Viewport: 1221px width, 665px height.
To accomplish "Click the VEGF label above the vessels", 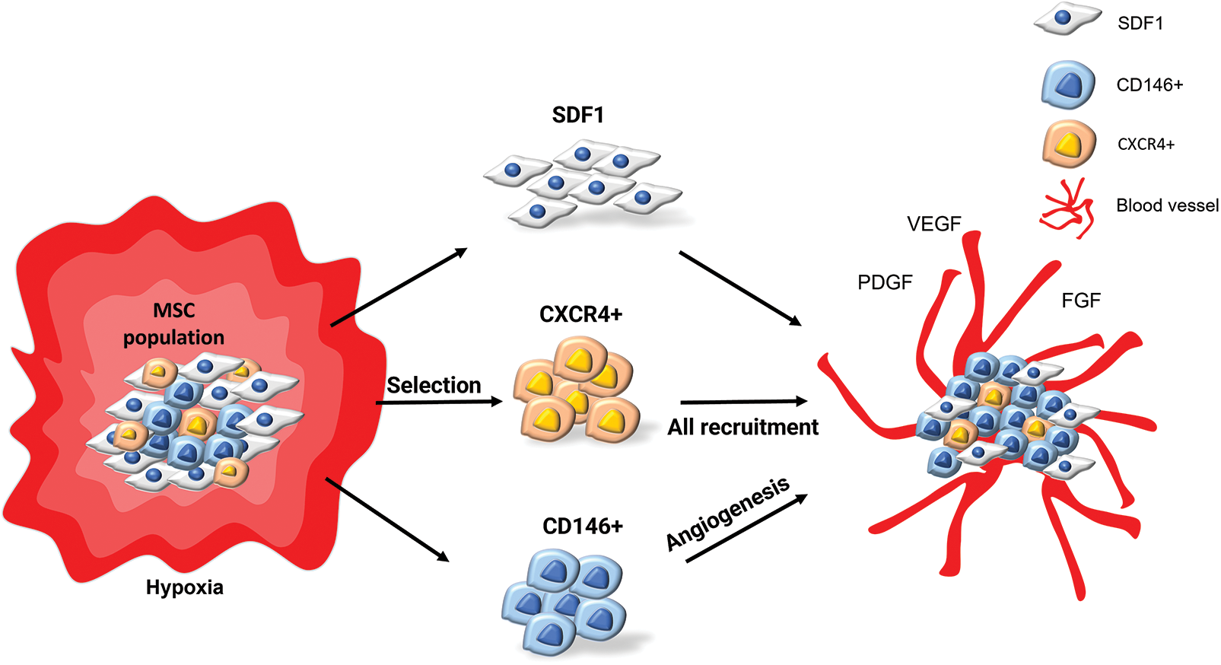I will pyautogui.click(x=933, y=224).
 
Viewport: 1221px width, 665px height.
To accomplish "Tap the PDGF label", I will pyautogui.click(x=885, y=282).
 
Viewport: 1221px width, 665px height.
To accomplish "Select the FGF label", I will pyautogui.click(x=1080, y=301).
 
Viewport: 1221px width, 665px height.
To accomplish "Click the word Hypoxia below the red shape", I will pyautogui.click(x=185, y=587).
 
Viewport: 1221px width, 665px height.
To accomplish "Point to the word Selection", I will pyautogui.click(x=434, y=385).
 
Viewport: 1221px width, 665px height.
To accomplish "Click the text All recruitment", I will pyautogui.click(x=742, y=427).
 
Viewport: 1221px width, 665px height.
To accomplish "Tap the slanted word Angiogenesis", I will pyautogui.click(x=727, y=514).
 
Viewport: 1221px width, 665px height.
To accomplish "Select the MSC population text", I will pyautogui.click(x=174, y=324).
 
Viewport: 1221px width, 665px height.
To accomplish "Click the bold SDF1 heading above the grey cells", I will pyautogui.click(x=578, y=115).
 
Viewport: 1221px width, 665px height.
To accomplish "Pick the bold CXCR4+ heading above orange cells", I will pyautogui.click(x=580, y=314).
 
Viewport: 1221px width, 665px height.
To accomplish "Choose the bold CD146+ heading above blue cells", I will pyautogui.click(x=583, y=526).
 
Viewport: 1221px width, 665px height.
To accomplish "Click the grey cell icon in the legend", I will pyautogui.click(x=1067, y=20).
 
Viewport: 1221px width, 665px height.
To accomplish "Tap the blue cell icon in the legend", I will pyautogui.click(x=1068, y=84).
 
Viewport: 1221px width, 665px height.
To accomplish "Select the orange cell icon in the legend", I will pyautogui.click(x=1069, y=144).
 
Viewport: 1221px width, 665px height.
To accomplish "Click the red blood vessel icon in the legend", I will pyautogui.click(x=1067, y=208).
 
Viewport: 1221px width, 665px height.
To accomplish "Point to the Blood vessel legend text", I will pyautogui.click(x=1167, y=205).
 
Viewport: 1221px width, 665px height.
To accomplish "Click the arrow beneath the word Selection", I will pyautogui.click(x=440, y=402).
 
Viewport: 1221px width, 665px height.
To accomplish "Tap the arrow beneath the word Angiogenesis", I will pyautogui.click(x=746, y=529).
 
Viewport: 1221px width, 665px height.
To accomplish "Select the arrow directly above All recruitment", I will pyautogui.click(x=743, y=401).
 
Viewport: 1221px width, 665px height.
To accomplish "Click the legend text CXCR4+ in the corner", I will pyautogui.click(x=1146, y=145).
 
